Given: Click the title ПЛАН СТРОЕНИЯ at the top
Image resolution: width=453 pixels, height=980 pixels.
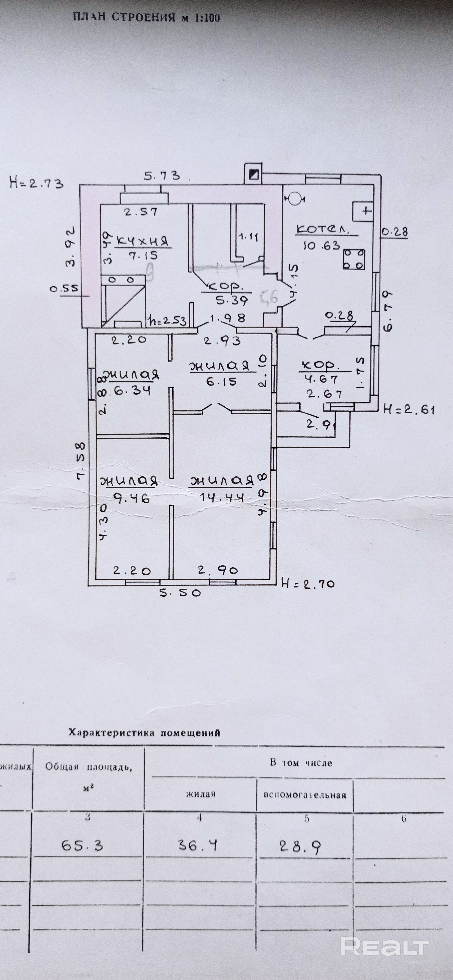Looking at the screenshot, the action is click(146, 17).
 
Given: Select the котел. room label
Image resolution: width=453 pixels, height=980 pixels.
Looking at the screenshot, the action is click(323, 230).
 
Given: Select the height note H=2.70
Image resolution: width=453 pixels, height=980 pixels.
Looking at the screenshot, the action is click(307, 583).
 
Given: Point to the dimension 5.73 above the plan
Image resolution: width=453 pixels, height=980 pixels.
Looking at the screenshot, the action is click(162, 176).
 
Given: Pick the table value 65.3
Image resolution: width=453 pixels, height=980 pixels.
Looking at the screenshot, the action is click(82, 846).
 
